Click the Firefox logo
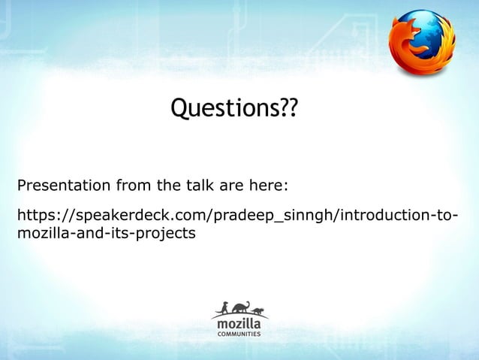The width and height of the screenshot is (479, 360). [421, 42]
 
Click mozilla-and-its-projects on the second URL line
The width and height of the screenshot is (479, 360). [106, 234]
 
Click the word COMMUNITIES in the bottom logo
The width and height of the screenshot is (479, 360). [239, 333]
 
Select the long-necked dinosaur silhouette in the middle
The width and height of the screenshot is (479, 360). [240, 307]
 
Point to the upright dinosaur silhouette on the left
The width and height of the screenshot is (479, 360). [222, 308]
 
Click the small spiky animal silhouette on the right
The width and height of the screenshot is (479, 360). [258, 310]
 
